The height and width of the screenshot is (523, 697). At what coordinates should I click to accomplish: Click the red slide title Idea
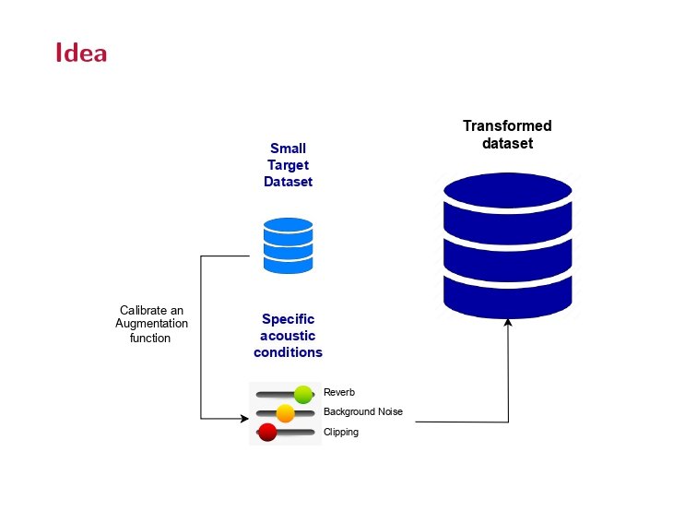coord(81,53)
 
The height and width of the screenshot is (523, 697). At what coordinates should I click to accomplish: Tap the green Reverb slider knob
coord(303,395)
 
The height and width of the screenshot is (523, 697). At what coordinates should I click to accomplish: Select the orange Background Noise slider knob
coord(285,413)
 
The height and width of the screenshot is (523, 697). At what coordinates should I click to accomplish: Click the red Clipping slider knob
coord(268,432)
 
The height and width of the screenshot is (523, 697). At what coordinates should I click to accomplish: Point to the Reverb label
coord(339,392)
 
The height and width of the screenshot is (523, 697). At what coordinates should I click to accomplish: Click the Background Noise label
coord(363,411)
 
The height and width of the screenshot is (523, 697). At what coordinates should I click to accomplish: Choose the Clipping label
coord(341,432)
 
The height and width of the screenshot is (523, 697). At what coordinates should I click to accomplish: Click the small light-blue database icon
coord(289,244)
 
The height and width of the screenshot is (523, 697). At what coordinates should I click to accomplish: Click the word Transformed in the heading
coord(507,126)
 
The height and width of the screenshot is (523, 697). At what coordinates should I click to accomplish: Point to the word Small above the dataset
coord(289,149)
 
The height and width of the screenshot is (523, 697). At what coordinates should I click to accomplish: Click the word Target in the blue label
coord(289,165)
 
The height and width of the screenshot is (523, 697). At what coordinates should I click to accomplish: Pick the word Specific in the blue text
coord(289,319)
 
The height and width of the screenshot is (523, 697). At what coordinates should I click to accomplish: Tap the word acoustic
coord(289,336)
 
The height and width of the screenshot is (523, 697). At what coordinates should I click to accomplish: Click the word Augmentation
coord(151,324)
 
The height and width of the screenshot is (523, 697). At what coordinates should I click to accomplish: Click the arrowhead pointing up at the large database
coord(508,322)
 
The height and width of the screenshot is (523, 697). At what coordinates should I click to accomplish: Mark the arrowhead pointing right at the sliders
coord(243,419)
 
